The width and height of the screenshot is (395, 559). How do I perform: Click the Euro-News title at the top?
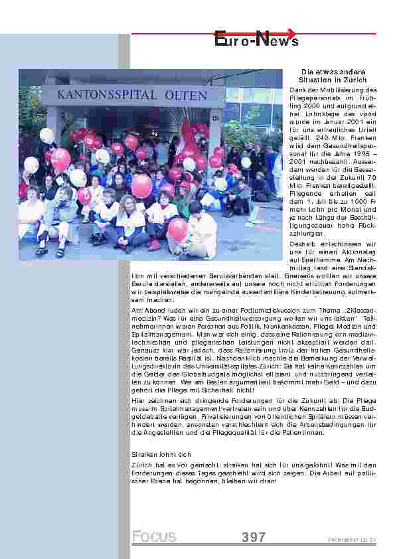click(x=256, y=40)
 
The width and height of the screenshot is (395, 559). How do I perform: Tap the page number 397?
click(x=254, y=536)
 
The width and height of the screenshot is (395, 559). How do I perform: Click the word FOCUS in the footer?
click(x=154, y=536)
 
